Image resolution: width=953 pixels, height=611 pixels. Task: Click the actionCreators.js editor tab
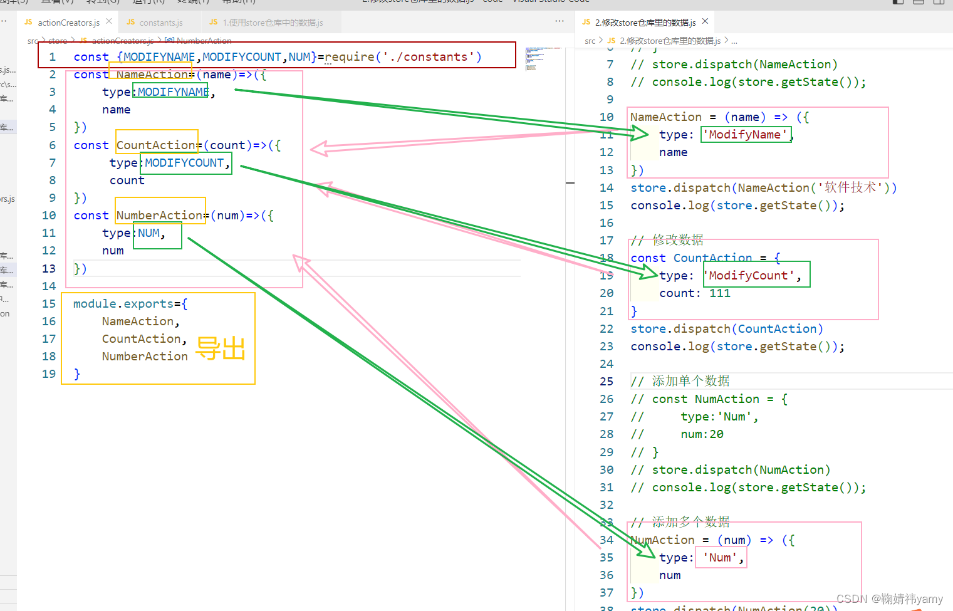[x=68, y=23]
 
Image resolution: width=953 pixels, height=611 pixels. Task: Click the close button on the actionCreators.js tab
[x=109, y=21]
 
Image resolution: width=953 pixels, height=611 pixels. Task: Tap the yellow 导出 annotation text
[x=220, y=348]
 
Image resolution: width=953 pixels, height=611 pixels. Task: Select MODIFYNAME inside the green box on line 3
[x=173, y=92]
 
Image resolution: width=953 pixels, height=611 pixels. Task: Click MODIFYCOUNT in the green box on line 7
[x=184, y=163]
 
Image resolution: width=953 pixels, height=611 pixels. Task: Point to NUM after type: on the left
[x=148, y=233]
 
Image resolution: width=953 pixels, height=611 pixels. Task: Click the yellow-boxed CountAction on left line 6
[x=156, y=145]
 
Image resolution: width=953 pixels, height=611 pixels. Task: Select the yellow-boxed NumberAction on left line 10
[x=159, y=216]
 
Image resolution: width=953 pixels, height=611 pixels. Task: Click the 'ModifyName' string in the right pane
[x=745, y=135]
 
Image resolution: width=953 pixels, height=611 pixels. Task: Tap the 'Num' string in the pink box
[x=721, y=558]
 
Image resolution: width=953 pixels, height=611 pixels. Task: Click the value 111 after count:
[x=720, y=293]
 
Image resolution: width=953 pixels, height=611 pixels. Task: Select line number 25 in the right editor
[x=607, y=382]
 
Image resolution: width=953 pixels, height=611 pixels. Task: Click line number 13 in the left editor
[x=49, y=269]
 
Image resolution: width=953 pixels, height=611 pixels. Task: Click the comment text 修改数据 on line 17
[x=678, y=240]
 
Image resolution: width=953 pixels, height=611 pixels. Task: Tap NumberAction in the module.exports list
[x=145, y=357]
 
